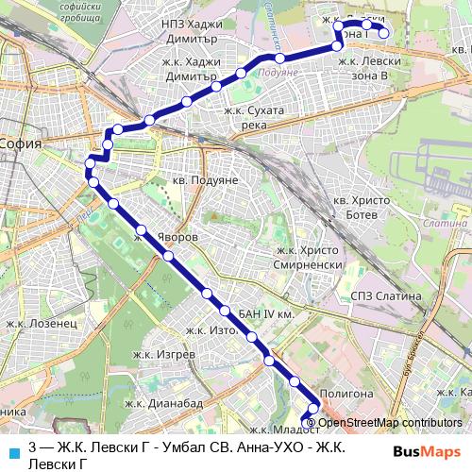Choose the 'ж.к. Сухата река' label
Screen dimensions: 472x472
(254, 117)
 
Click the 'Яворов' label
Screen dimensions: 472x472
(176, 238)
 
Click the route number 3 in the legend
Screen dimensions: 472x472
(34, 446)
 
